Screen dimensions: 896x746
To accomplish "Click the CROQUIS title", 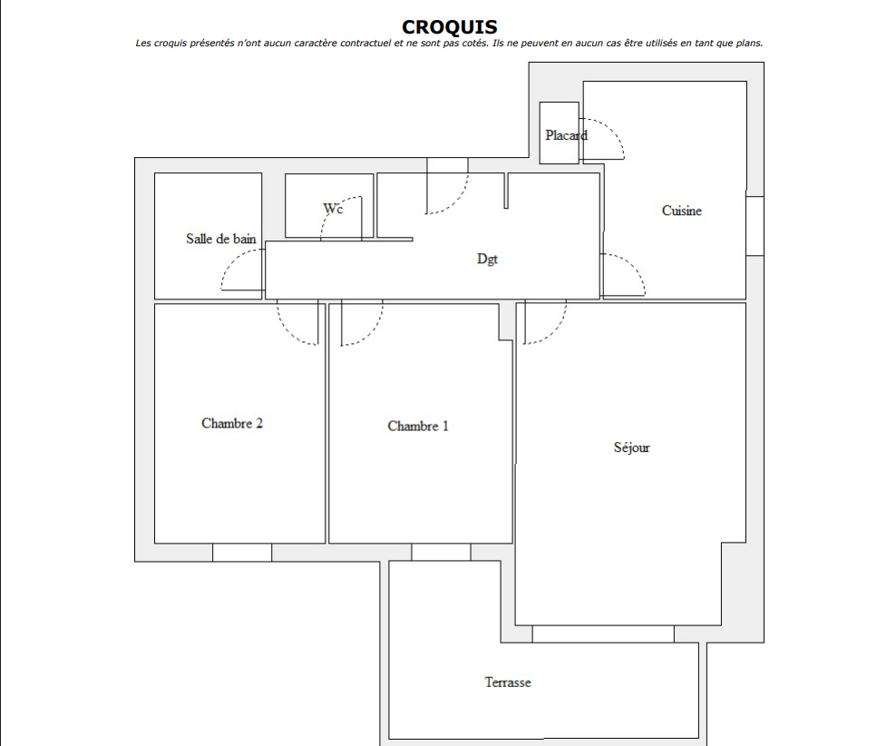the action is [450, 27].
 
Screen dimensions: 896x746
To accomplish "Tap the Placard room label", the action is [566, 135].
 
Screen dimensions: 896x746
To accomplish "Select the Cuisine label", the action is [682, 211].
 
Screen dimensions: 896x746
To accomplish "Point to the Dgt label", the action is [487, 259].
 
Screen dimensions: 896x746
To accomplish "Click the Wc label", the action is [333, 209].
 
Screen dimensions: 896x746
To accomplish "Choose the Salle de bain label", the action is [221, 239].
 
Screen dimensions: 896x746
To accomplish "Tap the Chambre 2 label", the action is [232, 424].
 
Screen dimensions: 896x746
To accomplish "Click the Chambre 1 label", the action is [418, 427].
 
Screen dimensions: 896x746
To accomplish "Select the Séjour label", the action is [632, 447].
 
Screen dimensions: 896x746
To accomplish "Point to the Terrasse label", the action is [508, 682].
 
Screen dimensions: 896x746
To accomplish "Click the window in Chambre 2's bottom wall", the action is [242, 552].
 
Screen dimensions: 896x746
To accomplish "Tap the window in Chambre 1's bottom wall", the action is [441, 552].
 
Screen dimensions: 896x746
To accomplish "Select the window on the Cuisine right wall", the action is [755, 226].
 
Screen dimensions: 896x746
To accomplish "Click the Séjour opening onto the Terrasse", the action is [603, 634].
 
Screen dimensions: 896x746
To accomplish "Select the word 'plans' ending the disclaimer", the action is [750, 43].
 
